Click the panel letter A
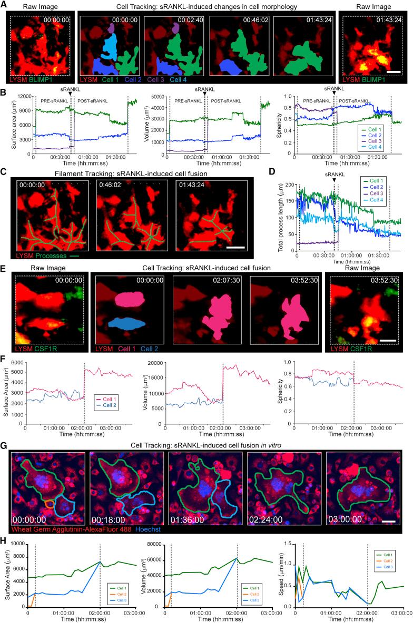[4, 5]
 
